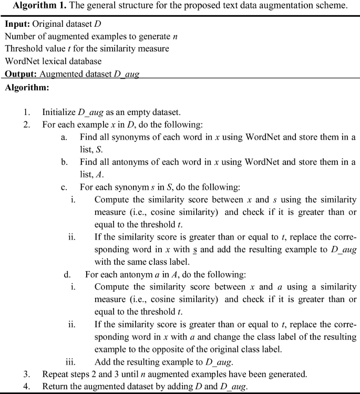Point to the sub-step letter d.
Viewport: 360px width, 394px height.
pyautogui.click(x=67, y=274)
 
